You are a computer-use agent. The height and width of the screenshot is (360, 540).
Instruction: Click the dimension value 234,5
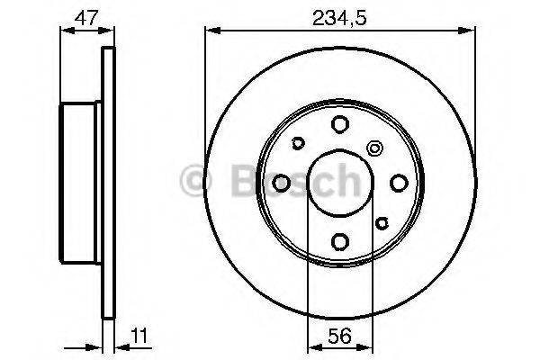pyautogui.click(x=339, y=18)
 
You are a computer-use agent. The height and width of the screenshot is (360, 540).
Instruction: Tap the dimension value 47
pyautogui.click(x=86, y=18)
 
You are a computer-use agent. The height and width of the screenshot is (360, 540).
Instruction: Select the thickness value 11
pyautogui.click(x=139, y=336)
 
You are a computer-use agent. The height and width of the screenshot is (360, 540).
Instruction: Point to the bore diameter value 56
pyautogui.click(x=339, y=336)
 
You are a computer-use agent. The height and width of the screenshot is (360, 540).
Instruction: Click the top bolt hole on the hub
pyautogui.click(x=340, y=124)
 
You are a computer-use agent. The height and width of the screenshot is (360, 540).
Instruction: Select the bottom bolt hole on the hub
pyautogui.click(x=340, y=241)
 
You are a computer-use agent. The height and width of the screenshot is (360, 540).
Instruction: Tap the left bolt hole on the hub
pyautogui.click(x=281, y=183)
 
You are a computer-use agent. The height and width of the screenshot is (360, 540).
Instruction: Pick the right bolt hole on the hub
pyautogui.click(x=399, y=183)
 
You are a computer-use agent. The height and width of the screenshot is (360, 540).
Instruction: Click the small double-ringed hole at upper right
pyautogui.click(x=374, y=148)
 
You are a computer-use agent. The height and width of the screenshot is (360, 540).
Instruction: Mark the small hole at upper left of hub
pyautogui.click(x=298, y=143)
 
